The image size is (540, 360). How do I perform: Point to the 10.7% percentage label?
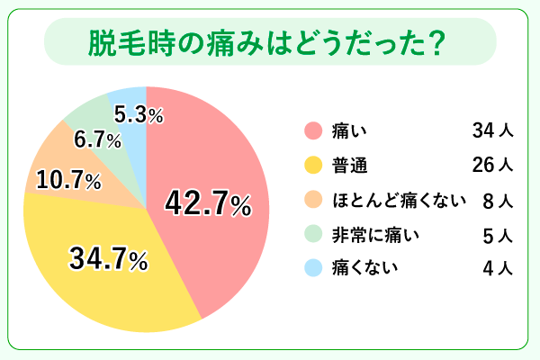click(x=67, y=181)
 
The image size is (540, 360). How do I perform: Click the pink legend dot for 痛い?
click(x=313, y=131)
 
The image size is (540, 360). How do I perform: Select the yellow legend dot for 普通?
click(x=313, y=166)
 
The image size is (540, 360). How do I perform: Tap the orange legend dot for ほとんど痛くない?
click(x=313, y=200)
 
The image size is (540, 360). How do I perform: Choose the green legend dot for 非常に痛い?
click(x=313, y=234)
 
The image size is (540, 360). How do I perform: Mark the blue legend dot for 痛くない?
click(x=313, y=267)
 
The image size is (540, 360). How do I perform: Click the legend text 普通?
click(x=348, y=166)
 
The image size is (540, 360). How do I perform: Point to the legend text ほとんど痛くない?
click(x=398, y=200)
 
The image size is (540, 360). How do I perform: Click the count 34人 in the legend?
click(x=492, y=131)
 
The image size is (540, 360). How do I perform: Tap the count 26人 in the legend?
click(x=492, y=166)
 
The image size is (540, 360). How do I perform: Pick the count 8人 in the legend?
click(x=498, y=200)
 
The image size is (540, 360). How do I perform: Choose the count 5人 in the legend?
click(x=498, y=234)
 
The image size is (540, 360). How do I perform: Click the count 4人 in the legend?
click(x=498, y=267)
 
